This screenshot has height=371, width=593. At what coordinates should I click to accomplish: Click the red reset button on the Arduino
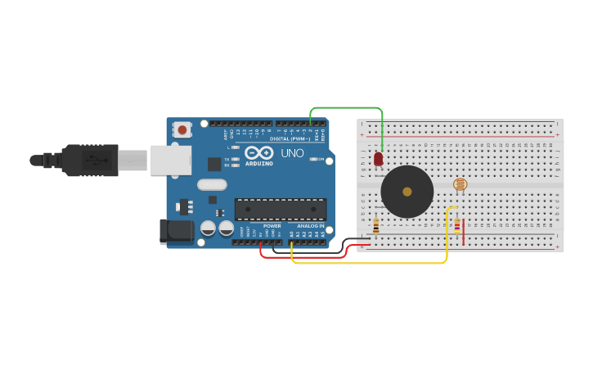[182, 129]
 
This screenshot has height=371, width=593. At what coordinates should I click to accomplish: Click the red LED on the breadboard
[378, 159]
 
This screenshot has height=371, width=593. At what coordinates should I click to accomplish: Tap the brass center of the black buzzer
[407, 192]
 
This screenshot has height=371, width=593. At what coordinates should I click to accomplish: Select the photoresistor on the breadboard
[460, 184]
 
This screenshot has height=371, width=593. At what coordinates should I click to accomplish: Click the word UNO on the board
[292, 153]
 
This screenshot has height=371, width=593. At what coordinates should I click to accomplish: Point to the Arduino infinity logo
[258, 152]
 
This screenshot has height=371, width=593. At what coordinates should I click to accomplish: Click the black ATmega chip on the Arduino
[281, 209]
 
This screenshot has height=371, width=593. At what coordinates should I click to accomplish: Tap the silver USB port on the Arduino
[171, 160]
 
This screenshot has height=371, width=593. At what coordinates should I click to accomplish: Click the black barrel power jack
[177, 231]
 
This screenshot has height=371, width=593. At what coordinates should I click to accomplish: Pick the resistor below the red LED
[375, 225]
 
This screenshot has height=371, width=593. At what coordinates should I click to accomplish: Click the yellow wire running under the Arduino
[368, 263]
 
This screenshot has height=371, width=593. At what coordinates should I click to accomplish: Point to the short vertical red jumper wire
[464, 231]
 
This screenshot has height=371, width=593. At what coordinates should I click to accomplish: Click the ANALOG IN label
[310, 225]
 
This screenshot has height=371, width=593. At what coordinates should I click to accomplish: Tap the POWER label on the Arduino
[272, 225]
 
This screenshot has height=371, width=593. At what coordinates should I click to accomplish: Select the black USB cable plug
[90, 160]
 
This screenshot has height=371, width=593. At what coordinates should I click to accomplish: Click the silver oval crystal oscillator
[212, 185]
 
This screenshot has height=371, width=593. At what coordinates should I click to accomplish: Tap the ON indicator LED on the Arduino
[313, 159]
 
